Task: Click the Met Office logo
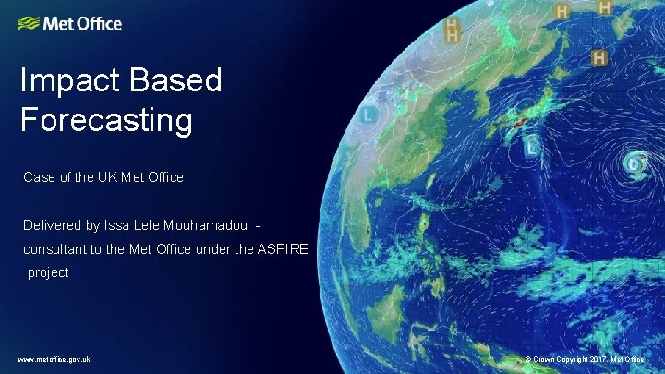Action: [70, 23]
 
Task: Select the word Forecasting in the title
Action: [106, 119]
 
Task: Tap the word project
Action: [48, 272]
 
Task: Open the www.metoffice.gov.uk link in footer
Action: [54, 359]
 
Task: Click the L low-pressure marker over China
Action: [369, 115]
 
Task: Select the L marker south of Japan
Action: [532, 145]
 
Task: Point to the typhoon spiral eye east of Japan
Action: [635, 164]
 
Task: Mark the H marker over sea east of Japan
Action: [598, 58]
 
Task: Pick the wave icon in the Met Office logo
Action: [30, 23]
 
